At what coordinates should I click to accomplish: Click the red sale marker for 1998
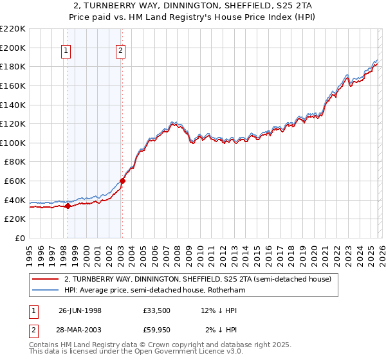[68, 206]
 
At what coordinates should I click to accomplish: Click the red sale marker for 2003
[122, 181]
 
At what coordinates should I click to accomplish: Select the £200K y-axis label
[14, 48]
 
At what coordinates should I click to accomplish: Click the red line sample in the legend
[45, 280]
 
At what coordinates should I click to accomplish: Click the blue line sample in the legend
[45, 291]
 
